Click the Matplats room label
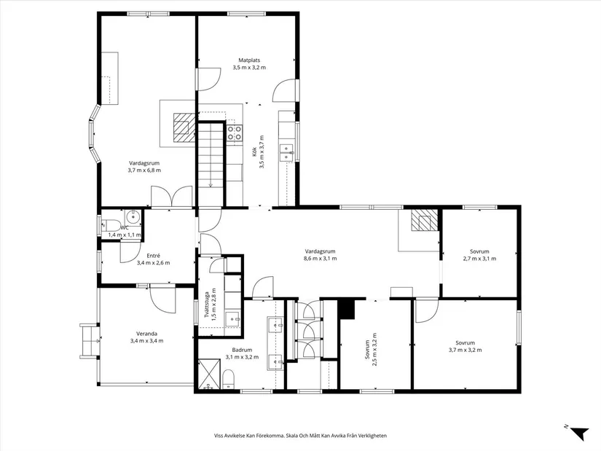click(249, 60)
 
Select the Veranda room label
click(146, 334)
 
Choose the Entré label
click(153, 256)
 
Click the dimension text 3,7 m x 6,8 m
click(144, 170)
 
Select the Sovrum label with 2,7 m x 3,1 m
click(479, 251)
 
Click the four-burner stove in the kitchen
click(235, 132)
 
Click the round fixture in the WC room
click(132, 216)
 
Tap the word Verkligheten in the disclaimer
click(368, 436)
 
